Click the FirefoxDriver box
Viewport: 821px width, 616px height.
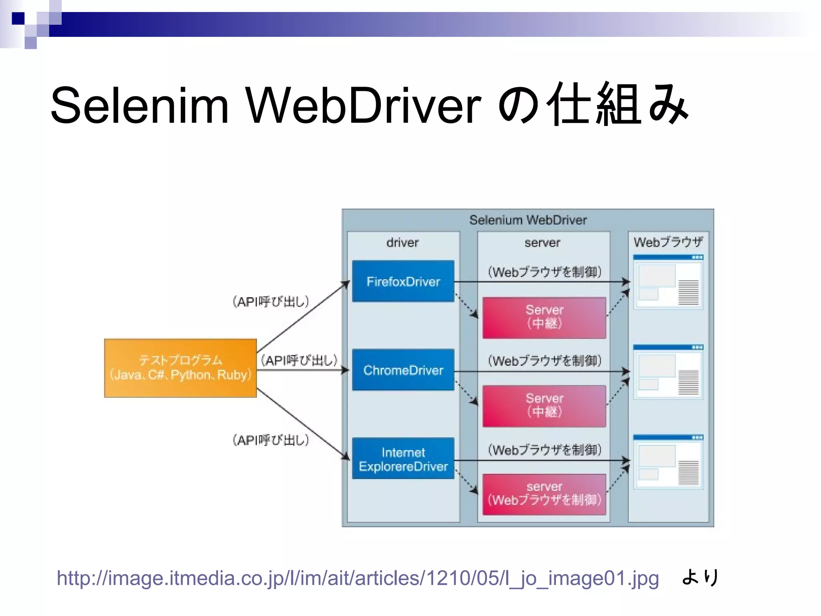pyautogui.click(x=403, y=281)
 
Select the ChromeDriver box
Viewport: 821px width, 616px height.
pyautogui.click(x=403, y=370)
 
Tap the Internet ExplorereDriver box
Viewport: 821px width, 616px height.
pyautogui.click(x=403, y=459)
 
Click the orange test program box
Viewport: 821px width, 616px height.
pyautogui.click(x=180, y=368)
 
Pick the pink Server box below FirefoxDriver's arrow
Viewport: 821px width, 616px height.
pyautogui.click(x=544, y=318)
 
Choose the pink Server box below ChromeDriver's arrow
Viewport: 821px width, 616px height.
pyautogui.click(x=544, y=406)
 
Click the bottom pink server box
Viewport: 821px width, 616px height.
pyautogui.click(x=544, y=494)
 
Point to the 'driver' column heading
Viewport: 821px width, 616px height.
pyautogui.click(x=402, y=243)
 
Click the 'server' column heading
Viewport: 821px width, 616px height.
pyautogui.click(x=542, y=243)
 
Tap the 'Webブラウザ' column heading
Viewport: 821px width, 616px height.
pyautogui.click(x=668, y=242)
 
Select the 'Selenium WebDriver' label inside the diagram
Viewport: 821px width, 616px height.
pyautogui.click(x=528, y=220)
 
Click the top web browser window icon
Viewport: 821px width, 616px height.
pyautogui.click(x=668, y=282)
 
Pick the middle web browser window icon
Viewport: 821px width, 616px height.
pyautogui.click(x=668, y=371)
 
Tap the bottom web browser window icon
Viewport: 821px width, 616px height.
pyautogui.click(x=668, y=462)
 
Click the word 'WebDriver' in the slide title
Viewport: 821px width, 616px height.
pyautogui.click(x=363, y=105)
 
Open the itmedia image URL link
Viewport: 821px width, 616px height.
pyautogui.click(x=358, y=578)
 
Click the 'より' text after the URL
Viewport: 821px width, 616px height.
pyautogui.click(x=700, y=577)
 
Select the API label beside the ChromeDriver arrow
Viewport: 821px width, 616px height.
pyautogui.click(x=299, y=360)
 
